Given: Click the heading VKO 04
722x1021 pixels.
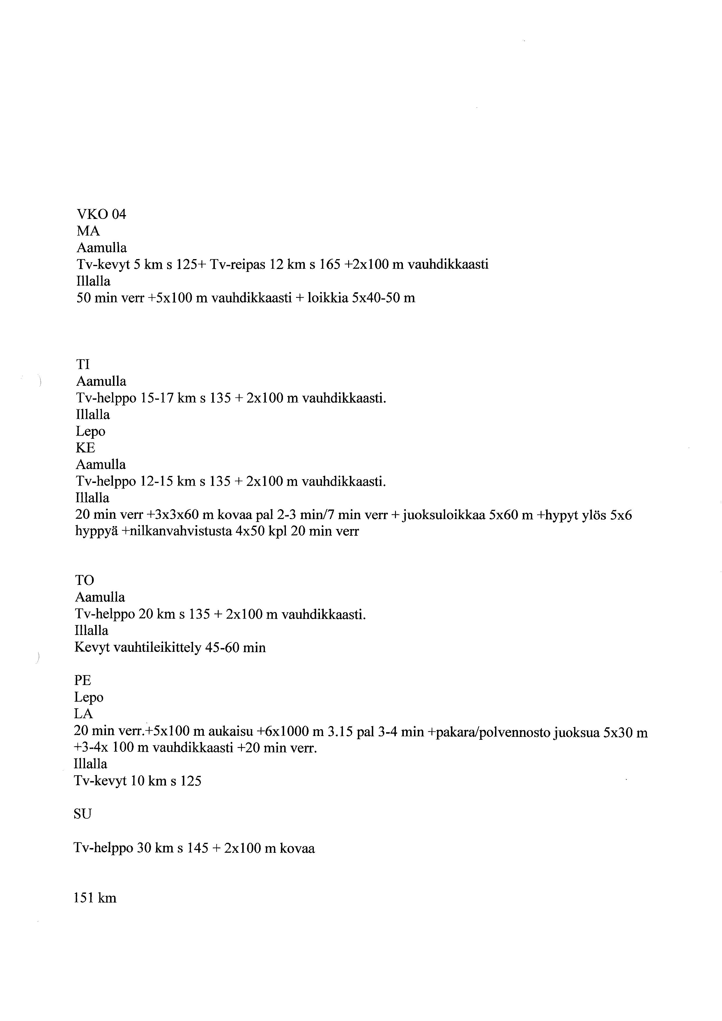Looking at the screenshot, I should click(x=101, y=214).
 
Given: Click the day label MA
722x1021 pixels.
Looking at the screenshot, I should click(x=89, y=231).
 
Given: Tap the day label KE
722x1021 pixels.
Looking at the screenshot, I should click(x=85, y=448).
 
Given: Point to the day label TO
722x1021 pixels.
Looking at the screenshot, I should click(x=84, y=580).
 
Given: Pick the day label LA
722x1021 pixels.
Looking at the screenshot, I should click(x=83, y=714).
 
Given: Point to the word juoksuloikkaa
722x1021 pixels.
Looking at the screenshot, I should click(x=443, y=515).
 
